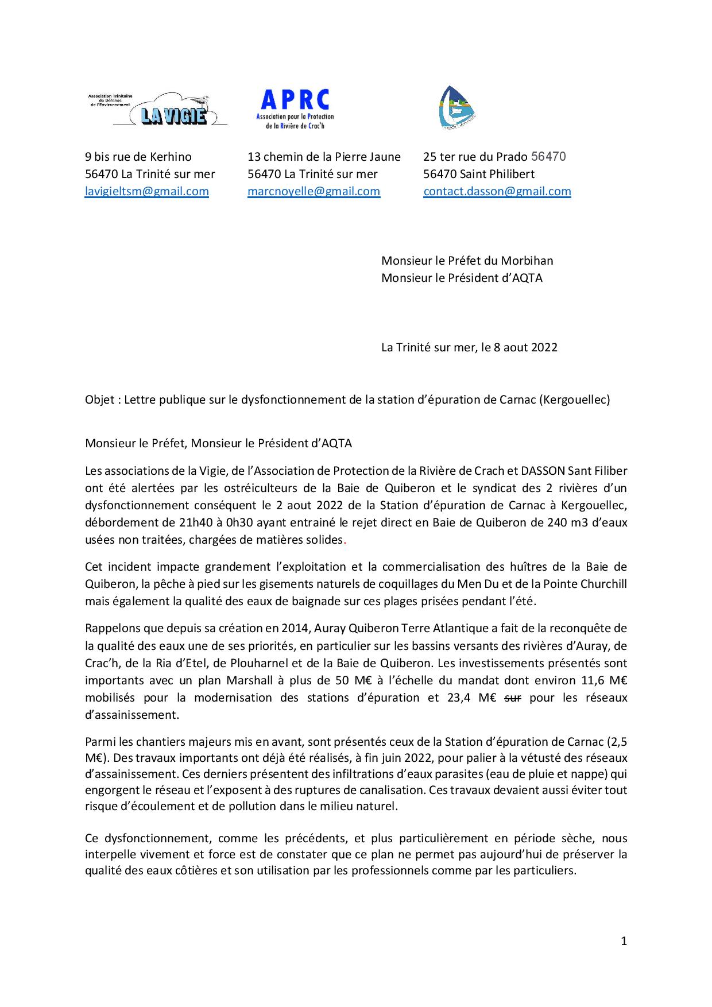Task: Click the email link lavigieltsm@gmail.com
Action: coord(146,192)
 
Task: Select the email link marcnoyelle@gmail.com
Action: coord(314,192)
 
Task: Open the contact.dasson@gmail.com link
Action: coord(497,192)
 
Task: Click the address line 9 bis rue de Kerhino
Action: coord(138,157)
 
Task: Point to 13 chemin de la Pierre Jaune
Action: coord(324,157)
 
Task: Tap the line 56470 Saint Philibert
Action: coord(478,174)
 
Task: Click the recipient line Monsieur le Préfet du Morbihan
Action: coord(467,261)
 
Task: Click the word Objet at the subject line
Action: coord(99,400)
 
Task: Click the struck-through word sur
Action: coord(512,698)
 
